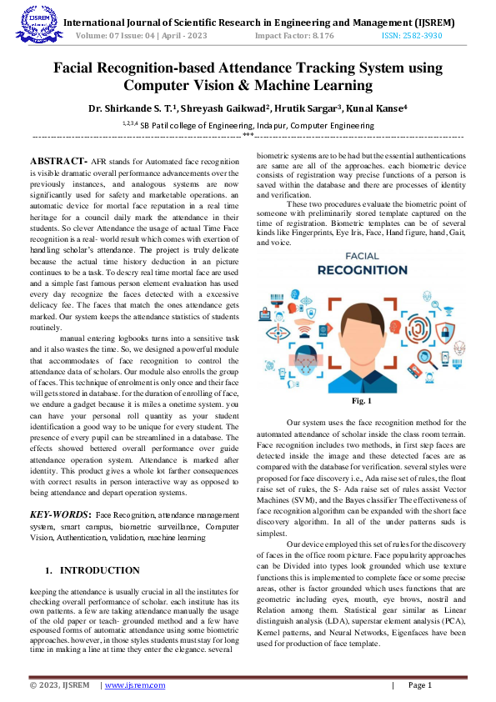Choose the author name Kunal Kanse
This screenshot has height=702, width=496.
[x=378, y=108]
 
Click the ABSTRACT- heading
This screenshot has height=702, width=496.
[x=58, y=159]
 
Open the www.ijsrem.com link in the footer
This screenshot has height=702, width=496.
[x=133, y=685]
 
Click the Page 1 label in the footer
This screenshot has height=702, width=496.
[x=419, y=685]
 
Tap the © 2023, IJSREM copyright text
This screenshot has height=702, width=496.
[x=60, y=685]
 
